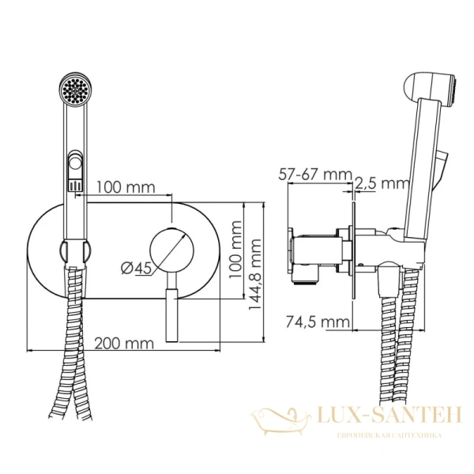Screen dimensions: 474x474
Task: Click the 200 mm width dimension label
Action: [123, 343]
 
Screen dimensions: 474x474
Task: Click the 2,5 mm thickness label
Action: [380, 183]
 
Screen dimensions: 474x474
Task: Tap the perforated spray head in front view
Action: [77, 89]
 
